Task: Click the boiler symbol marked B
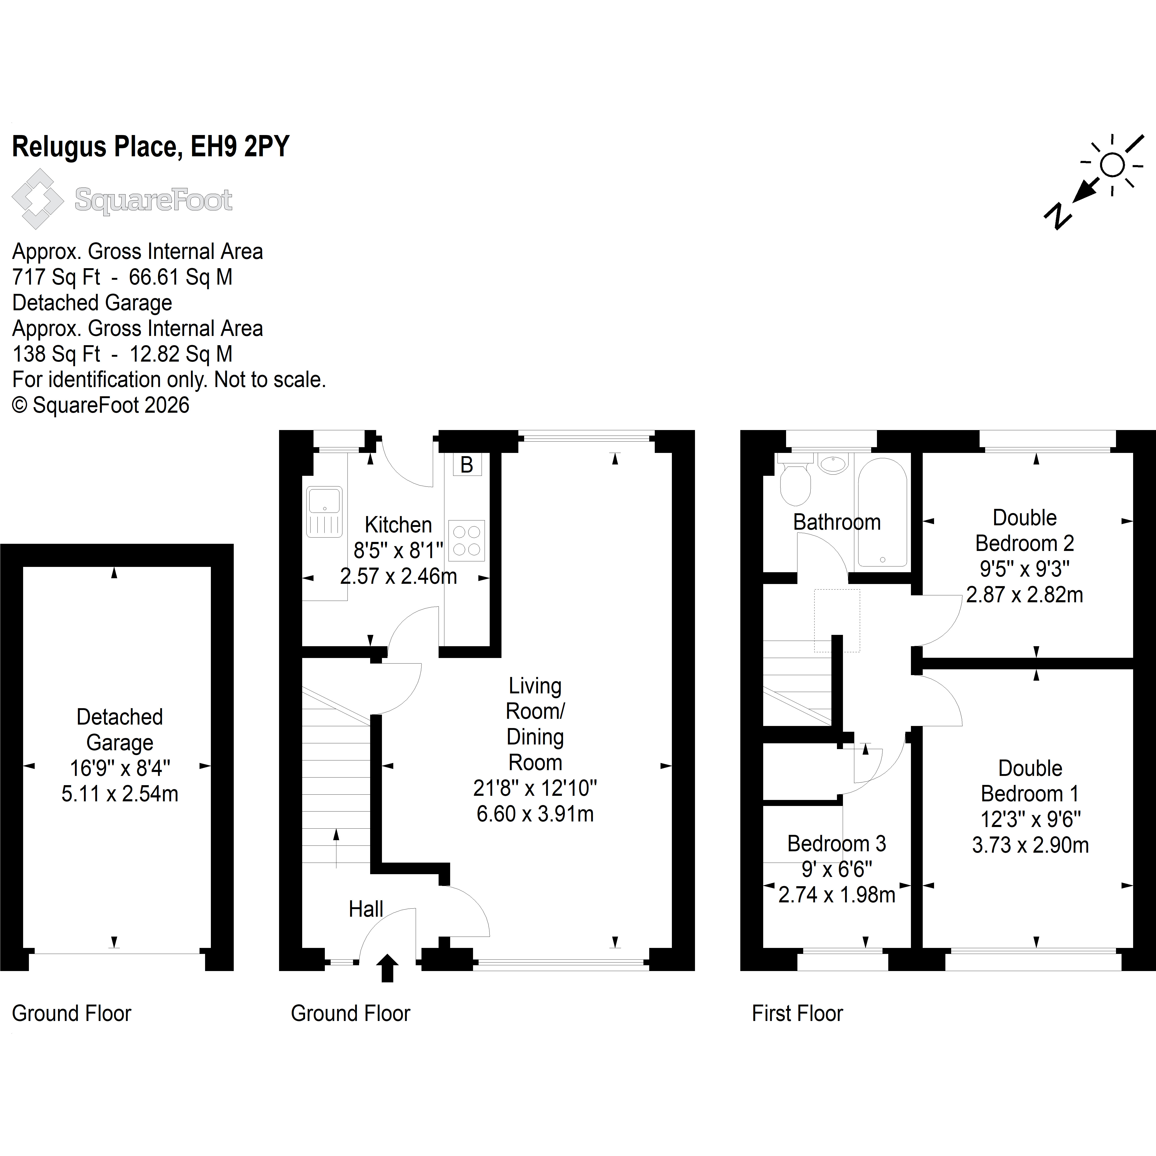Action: click(467, 464)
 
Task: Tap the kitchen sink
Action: click(324, 512)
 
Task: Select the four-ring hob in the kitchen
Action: click(467, 540)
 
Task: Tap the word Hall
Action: click(366, 910)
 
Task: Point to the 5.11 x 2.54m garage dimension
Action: click(120, 794)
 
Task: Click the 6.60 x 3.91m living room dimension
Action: click(535, 814)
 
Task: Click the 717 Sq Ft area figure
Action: click(56, 277)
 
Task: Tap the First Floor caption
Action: click(797, 1014)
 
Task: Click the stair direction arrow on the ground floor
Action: click(336, 848)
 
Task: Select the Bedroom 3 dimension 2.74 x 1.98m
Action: click(836, 895)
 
